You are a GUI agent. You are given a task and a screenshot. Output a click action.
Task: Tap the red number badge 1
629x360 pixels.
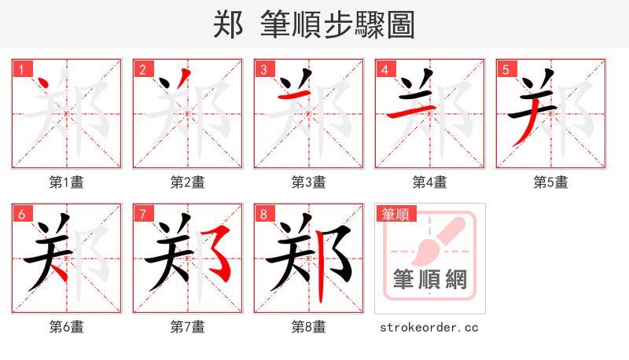(20, 69)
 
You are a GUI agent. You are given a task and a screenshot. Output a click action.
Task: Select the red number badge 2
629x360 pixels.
(142, 69)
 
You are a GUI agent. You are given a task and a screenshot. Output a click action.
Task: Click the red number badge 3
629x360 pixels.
(263, 69)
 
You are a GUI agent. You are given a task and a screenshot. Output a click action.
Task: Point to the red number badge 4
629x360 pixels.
(384, 69)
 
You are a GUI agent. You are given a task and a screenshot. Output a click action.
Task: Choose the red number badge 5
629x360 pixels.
(505, 69)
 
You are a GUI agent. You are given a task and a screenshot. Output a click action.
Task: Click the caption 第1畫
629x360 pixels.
(67, 182)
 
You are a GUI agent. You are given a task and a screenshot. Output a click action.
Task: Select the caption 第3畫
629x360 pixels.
(309, 182)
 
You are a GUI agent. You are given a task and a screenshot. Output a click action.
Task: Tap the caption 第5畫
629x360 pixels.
(551, 182)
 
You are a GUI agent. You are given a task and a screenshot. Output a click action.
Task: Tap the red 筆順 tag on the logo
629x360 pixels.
(395, 213)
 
